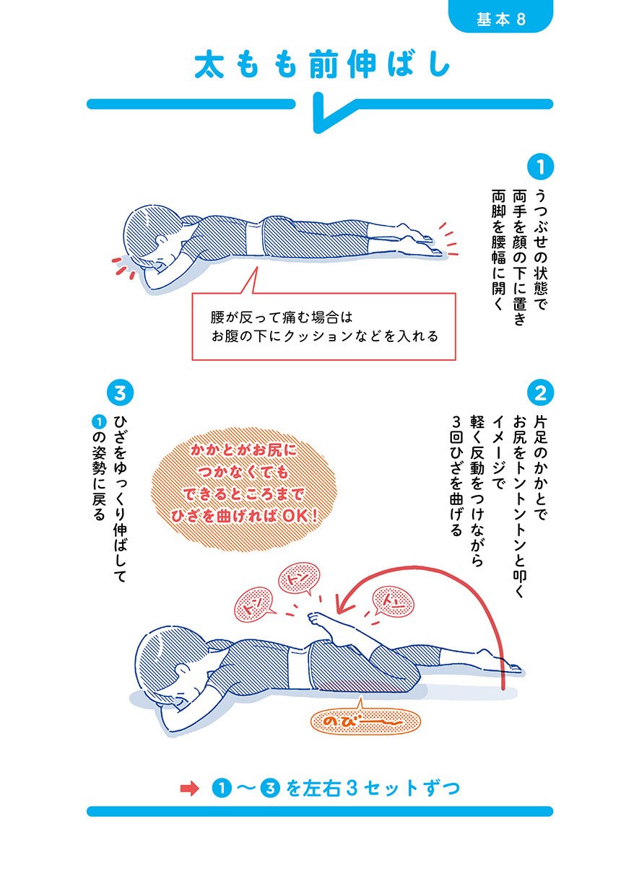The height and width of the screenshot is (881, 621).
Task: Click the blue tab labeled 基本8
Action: (x=500, y=17)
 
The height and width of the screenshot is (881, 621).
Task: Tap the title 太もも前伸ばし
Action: (x=322, y=64)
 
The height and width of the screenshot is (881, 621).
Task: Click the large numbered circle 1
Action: (x=540, y=167)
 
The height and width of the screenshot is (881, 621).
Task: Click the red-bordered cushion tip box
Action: (x=323, y=326)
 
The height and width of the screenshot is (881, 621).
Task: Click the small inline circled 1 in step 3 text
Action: (x=98, y=422)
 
